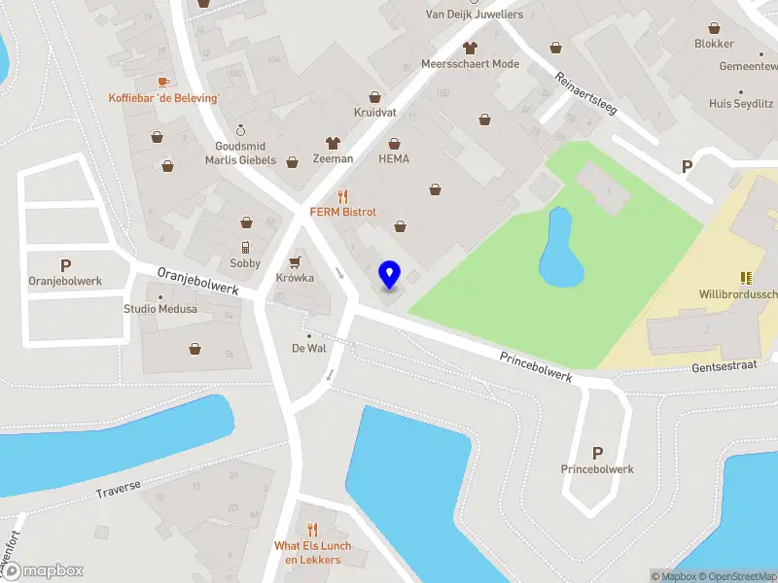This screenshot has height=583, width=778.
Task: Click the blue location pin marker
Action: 390,274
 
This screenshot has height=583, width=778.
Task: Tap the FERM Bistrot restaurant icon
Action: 342,195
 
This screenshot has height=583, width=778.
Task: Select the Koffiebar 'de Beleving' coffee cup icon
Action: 163,82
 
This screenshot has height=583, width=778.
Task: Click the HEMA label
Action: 394,158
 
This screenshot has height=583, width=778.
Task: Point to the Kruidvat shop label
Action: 374,113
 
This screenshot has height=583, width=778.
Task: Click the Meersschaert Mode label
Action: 470,64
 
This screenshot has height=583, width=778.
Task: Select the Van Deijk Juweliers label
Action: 475,15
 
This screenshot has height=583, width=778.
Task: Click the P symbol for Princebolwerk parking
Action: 597,453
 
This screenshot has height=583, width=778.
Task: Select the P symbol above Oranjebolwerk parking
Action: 66,265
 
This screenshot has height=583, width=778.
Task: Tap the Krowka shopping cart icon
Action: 295,261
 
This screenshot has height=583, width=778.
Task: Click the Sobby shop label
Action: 245,263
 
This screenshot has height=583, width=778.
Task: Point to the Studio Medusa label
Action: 159,309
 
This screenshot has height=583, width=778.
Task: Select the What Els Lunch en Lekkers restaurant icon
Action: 311,530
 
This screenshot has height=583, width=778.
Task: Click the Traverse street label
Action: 118,488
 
